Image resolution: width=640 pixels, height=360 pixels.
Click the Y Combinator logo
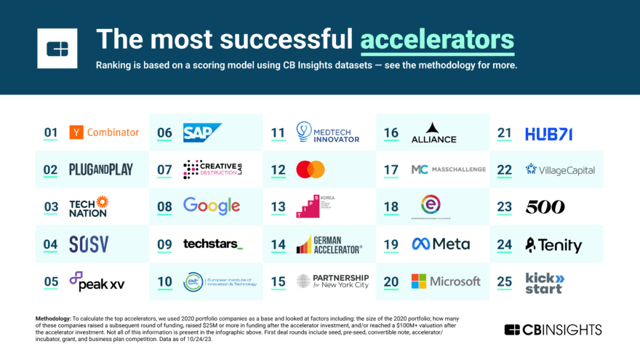coord(104,132)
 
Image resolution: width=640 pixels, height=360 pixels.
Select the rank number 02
coord(50,169)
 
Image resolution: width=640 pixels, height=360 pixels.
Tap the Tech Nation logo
coord(88,207)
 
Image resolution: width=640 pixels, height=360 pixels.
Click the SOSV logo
coord(89,244)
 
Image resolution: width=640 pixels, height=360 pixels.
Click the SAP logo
coord(201,132)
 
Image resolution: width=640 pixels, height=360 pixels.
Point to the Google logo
coord(211,206)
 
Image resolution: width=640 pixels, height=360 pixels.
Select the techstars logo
coord(212,244)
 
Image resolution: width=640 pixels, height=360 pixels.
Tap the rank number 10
coord(164,281)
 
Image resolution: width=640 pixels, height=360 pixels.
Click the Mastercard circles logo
coord(311,169)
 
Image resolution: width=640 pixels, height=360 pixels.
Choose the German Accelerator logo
coord(329,244)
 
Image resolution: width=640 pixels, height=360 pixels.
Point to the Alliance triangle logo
coord(433,132)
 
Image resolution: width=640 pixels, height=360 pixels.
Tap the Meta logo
coord(441,244)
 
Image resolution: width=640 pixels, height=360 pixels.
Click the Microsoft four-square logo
coord(420,281)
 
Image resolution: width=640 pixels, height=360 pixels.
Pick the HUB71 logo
coord(549,133)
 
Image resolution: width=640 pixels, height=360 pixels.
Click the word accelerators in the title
coord(437,39)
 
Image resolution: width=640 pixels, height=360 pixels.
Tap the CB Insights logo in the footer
coord(553,329)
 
